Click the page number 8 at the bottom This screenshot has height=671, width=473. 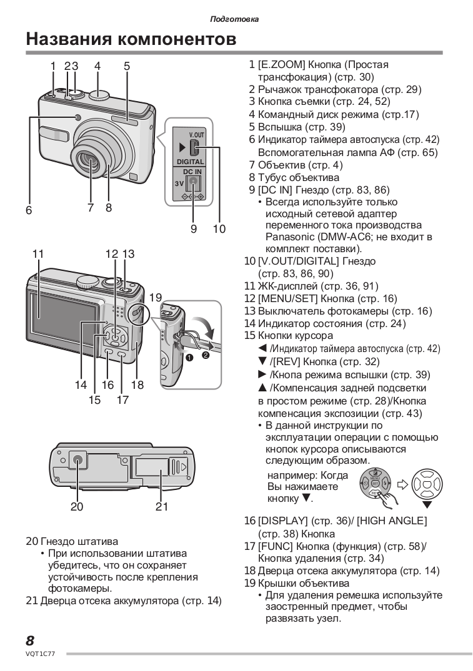(30, 640)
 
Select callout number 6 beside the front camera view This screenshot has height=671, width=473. (29, 211)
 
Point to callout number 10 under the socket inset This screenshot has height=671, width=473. (219, 228)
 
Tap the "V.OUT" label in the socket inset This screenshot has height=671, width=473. (196, 135)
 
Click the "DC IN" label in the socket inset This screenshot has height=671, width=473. (192, 170)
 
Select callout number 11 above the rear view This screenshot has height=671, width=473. (37, 254)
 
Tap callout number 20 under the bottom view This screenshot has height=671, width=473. (76, 507)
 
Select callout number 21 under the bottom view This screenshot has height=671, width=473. (162, 507)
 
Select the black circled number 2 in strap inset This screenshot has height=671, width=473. (205, 356)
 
